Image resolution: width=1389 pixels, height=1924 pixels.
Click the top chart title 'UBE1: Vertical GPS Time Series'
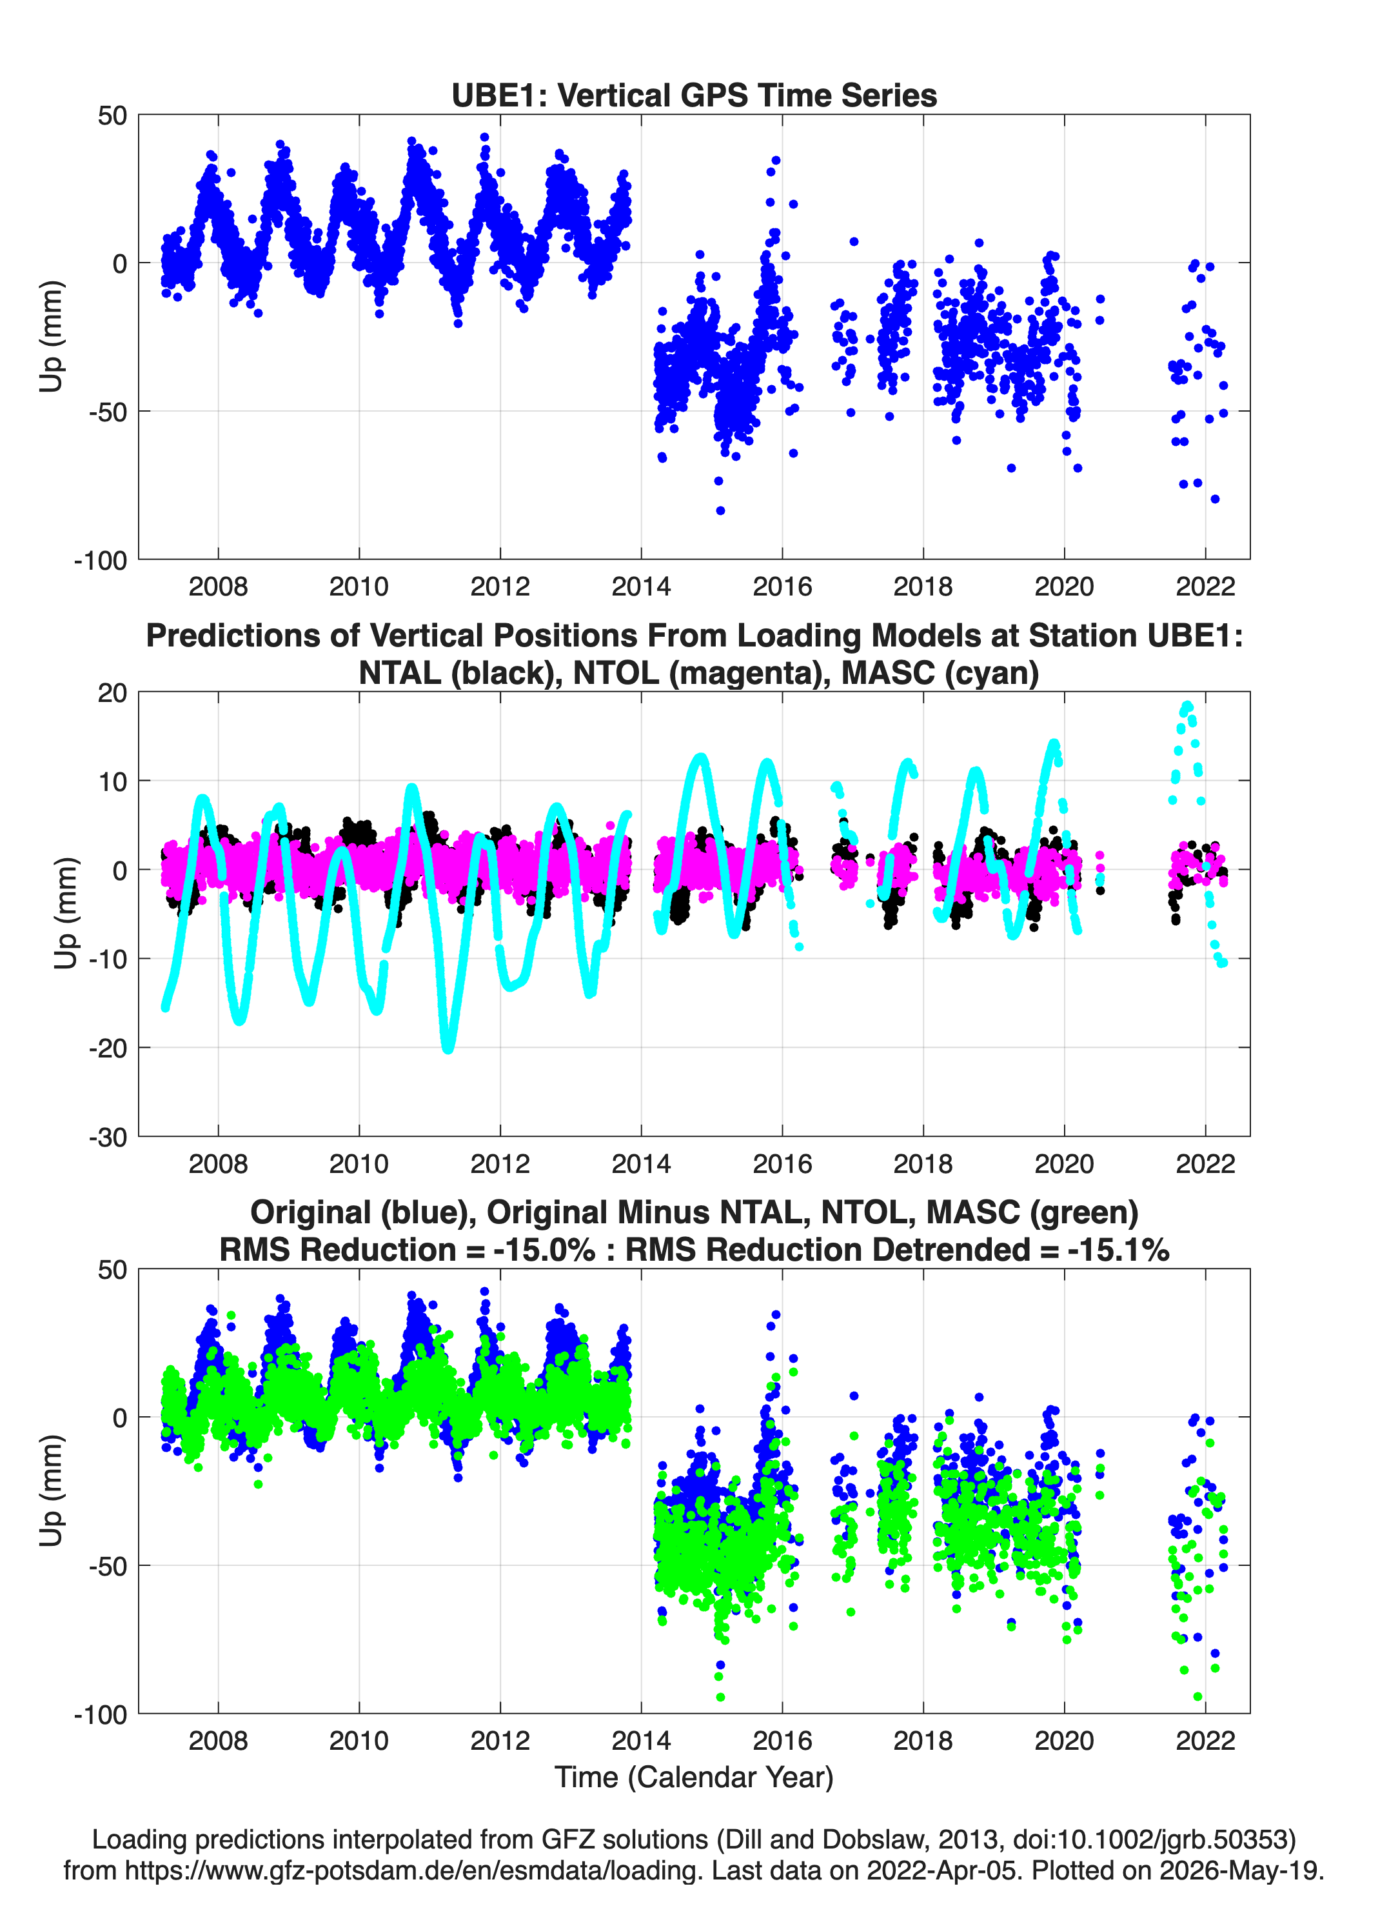(x=694, y=95)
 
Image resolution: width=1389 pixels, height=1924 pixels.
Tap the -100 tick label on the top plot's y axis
(x=100, y=561)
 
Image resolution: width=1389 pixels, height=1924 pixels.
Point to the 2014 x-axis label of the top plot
(x=641, y=586)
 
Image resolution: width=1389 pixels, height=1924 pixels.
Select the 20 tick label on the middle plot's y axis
(x=112, y=692)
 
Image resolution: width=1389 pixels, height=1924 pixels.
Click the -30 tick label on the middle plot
(x=108, y=1137)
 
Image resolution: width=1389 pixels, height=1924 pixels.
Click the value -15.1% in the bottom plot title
(x=1119, y=1250)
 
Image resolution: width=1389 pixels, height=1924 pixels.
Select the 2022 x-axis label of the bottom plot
(x=1205, y=1740)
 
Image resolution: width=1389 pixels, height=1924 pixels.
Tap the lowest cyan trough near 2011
(x=448, y=1049)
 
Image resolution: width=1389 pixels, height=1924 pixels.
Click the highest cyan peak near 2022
(x=1187, y=706)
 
